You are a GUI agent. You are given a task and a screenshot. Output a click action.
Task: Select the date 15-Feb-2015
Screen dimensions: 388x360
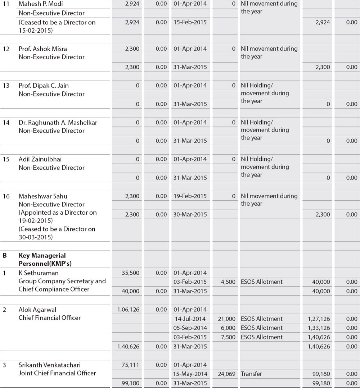coord(190,22)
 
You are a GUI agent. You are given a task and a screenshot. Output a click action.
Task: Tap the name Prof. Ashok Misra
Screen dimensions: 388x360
coord(43,49)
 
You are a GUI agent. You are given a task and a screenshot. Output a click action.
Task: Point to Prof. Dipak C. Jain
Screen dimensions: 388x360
coord(44,86)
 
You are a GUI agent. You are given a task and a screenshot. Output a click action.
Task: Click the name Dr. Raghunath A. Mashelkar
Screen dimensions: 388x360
coord(58,123)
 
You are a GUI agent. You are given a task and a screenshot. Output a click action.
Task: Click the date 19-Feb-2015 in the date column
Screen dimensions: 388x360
coord(190,196)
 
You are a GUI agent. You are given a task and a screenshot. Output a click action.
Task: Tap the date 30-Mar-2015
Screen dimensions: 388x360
coord(190,215)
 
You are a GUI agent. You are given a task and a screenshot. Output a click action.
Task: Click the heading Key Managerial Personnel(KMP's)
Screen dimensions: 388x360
coord(42,260)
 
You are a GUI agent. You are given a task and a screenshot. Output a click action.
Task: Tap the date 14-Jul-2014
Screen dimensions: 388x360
coord(190,319)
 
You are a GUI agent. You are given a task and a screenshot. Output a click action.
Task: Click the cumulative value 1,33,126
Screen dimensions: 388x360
coord(319,328)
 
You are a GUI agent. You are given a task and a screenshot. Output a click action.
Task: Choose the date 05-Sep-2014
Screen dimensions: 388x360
coord(190,328)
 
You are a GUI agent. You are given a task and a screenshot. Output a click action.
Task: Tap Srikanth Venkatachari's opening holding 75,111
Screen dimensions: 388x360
coord(131,365)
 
